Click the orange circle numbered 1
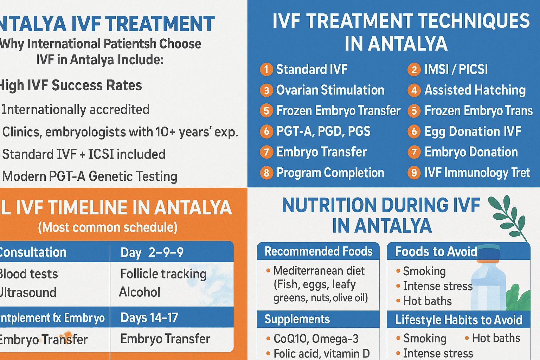266,69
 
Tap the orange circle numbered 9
414,173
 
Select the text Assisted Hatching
475,90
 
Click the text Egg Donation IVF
472,131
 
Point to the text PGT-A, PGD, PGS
323,131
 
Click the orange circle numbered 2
414,69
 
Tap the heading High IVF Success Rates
70,85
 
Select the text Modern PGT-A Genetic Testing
90,176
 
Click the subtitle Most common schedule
108,227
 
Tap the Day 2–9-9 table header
152,252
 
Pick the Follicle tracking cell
163,274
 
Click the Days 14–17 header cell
149,317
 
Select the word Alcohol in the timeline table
140,292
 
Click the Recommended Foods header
318,251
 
